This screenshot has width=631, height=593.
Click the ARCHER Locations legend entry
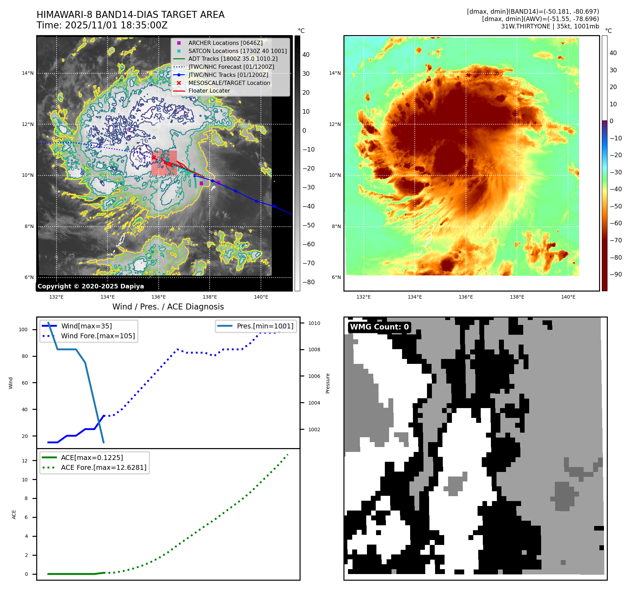coord(225,43)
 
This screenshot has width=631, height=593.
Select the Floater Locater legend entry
coord(209,91)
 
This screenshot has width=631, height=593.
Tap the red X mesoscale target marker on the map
coord(154,158)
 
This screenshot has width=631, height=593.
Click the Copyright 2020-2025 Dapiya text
coord(91,286)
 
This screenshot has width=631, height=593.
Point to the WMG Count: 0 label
coord(379,327)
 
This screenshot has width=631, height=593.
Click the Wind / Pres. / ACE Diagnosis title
coord(168,307)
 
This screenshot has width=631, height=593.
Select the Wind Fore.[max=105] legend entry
coord(98,336)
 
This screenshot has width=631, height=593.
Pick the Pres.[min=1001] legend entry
coord(265,326)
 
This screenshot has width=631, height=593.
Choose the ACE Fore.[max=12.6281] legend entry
coord(104,467)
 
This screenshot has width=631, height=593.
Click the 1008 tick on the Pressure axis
coord(314,349)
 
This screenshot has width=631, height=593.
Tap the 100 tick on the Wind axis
coord(23,329)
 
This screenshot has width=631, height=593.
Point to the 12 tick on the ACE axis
coord(25,461)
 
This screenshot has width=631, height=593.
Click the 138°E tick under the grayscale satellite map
coord(210,297)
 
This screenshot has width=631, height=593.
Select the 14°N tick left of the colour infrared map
coord(335,73)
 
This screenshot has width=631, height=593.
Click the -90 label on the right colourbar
coord(616,274)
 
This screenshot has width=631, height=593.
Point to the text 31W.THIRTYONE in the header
coord(525,26)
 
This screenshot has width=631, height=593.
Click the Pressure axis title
coord(328,383)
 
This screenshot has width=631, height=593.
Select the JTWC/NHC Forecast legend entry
coord(231,67)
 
